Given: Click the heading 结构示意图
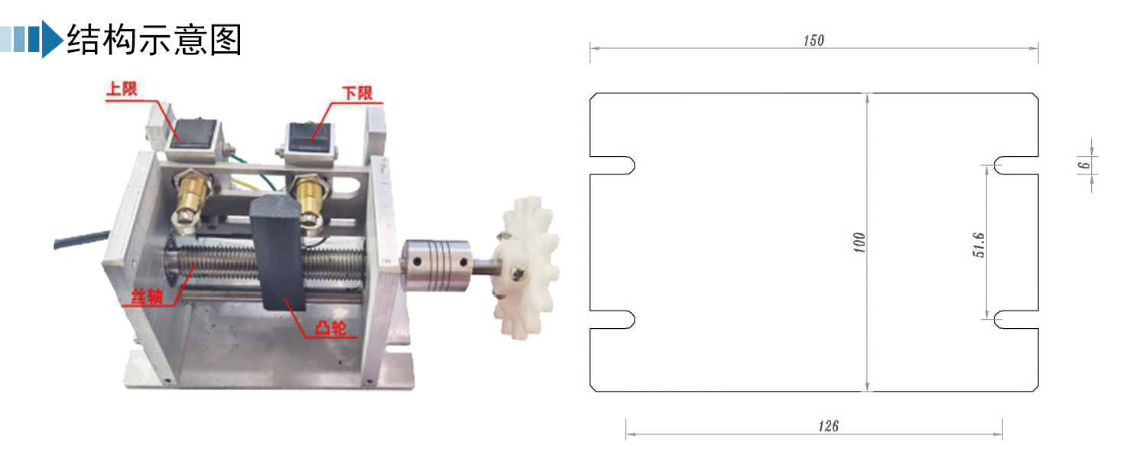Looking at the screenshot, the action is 154,39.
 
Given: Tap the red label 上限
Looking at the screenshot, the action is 122,89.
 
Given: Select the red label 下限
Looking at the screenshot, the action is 357,93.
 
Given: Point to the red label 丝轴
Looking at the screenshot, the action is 147,297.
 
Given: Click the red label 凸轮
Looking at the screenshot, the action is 330,328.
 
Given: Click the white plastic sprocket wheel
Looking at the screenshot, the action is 527,267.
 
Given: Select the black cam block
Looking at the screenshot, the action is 278,252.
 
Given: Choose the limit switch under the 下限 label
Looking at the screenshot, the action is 310,140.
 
